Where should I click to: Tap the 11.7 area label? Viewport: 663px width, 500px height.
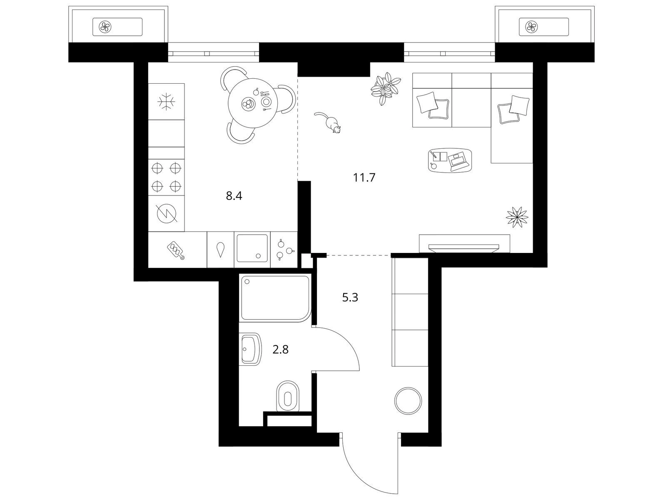click(x=364, y=178)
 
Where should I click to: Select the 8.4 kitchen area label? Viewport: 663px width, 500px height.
click(x=234, y=196)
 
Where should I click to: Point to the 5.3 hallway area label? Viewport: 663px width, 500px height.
click(x=350, y=297)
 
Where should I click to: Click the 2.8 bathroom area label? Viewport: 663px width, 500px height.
click(x=280, y=349)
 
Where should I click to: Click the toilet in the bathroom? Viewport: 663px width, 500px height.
click(x=288, y=397)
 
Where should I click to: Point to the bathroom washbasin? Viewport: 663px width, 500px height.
click(x=251, y=349)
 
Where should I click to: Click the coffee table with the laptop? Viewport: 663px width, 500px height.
click(x=450, y=160)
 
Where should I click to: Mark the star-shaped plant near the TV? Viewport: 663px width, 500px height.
click(x=517, y=217)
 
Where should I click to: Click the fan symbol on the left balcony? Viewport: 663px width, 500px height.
click(x=105, y=27)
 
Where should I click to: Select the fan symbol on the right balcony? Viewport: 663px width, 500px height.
click(x=531, y=27)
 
